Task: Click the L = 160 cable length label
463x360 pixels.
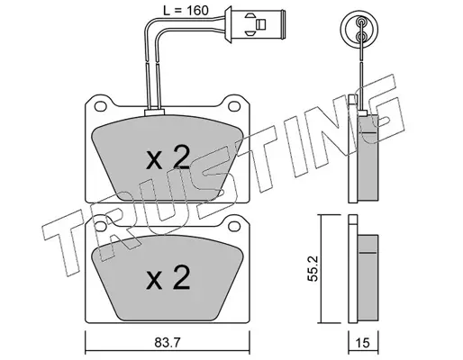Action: coord(186,11)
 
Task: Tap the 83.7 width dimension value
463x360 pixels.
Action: coord(168,342)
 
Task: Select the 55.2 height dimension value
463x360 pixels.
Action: coord(313,268)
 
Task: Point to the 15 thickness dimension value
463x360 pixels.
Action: coord(363,342)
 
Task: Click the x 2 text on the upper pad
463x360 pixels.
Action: coord(168,157)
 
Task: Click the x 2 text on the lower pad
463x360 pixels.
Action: coord(168,277)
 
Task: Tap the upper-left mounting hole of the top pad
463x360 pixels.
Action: coord(100,105)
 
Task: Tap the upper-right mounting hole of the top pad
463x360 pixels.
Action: coord(234,105)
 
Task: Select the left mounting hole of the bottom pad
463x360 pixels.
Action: coord(100,226)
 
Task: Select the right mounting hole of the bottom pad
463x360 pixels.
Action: coord(234,226)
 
